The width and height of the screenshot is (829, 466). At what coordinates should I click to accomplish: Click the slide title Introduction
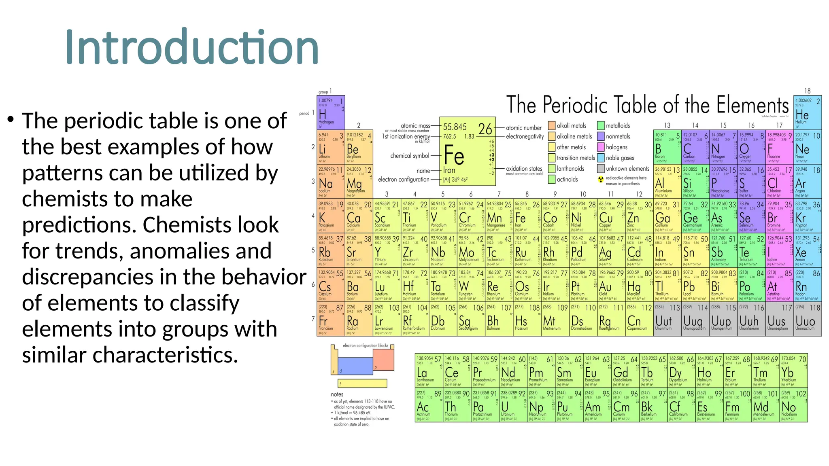click(x=192, y=47)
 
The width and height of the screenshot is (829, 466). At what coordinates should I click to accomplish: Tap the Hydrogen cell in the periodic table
click(x=331, y=112)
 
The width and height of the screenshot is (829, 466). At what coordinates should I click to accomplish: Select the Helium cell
click(x=808, y=112)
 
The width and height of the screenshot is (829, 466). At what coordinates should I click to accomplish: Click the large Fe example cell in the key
click(x=467, y=152)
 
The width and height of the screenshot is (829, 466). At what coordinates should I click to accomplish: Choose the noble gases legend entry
click(x=620, y=158)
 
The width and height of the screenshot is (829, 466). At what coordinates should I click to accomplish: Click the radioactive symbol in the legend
click(x=601, y=179)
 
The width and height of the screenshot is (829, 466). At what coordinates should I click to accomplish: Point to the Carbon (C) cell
click(x=695, y=147)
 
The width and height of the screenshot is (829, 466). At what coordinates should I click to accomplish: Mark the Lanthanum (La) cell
click(x=429, y=370)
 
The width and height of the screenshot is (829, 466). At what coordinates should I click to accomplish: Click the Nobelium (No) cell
click(x=793, y=405)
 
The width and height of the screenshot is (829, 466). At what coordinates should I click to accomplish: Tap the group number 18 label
click(x=807, y=91)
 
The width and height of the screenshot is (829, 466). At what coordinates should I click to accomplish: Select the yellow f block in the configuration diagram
click(x=362, y=383)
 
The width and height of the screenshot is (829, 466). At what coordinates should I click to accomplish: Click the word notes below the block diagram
click(x=337, y=394)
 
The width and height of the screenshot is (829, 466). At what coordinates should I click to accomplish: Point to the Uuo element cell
click(x=808, y=319)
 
